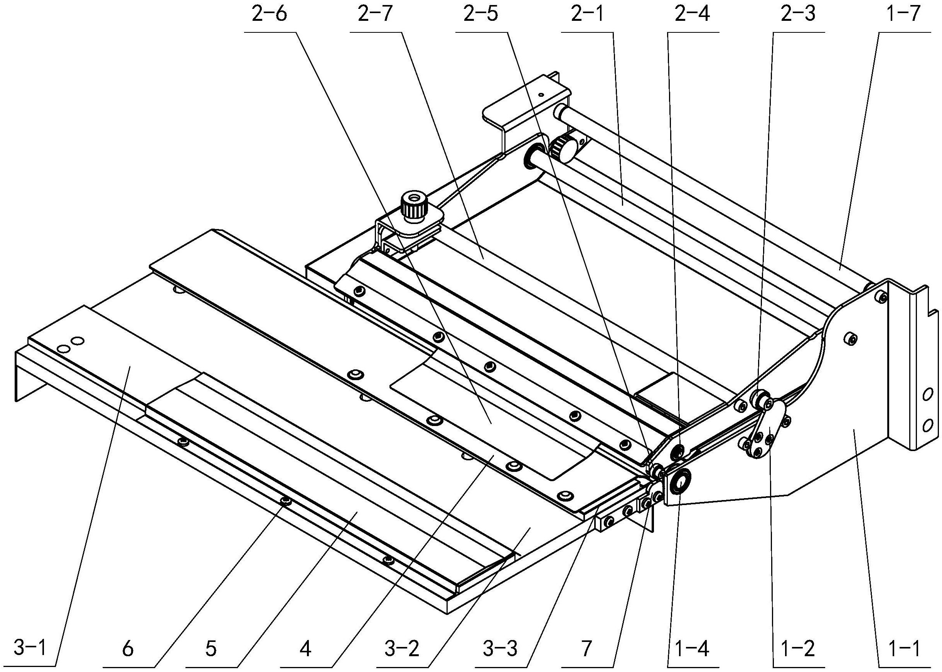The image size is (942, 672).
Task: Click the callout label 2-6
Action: pyautogui.click(x=269, y=15)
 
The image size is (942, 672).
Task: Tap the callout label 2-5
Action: pyautogui.click(x=481, y=15)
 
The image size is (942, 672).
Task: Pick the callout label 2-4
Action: pyautogui.click(x=693, y=15)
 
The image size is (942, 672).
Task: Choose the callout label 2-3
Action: pyautogui.click(x=799, y=15)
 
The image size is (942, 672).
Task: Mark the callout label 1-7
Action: pyautogui.click(x=904, y=15)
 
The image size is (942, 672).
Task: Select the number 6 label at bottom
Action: pyautogui.click(x=128, y=649)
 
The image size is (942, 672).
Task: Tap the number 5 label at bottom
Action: pyautogui.click(x=211, y=649)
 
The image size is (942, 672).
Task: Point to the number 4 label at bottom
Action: pyautogui.click(x=305, y=649)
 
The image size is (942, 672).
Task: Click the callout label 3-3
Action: pyautogui.click(x=500, y=649)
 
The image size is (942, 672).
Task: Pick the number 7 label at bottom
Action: pyautogui.click(x=586, y=649)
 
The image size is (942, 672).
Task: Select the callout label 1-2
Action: pyautogui.click(x=799, y=649)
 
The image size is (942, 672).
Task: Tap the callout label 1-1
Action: pyautogui.click(x=903, y=649)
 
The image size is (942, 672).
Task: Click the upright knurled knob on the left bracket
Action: pyautogui.click(x=411, y=207)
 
